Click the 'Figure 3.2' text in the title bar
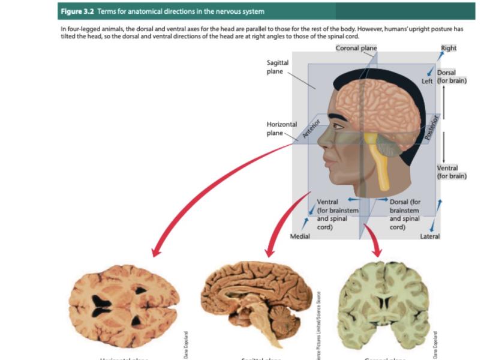(x=76, y=11)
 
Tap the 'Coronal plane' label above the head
(x=356, y=48)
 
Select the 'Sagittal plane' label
(x=278, y=67)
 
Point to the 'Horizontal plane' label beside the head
(x=281, y=128)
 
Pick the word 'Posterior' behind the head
(x=429, y=127)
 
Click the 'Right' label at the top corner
(x=448, y=48)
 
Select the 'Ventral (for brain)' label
(x=452, y=172)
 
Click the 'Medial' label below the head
(x=300, y=236)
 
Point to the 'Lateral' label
(x=429, y=236)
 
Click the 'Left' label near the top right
(x=427, y=80)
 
